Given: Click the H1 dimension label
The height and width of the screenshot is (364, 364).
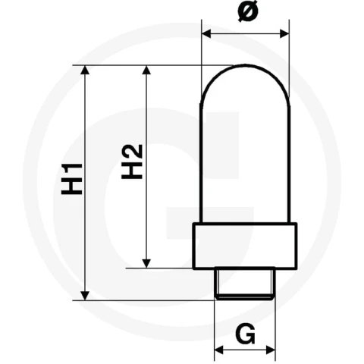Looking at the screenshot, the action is coord(72,179).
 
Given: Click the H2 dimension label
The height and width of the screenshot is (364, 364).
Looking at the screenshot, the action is coord(132,162).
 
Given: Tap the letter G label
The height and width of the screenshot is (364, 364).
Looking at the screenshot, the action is coord(245,334).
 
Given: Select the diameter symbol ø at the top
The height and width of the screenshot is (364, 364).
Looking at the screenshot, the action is coord(248,11).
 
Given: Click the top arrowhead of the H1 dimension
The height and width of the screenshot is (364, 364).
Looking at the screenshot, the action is coord(85,70).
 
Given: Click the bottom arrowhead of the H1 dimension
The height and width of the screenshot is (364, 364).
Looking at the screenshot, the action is coord(85,296).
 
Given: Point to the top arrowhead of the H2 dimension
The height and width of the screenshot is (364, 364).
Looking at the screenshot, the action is coord(146,70).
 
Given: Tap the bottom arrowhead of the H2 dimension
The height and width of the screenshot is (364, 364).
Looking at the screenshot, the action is coord(146,264).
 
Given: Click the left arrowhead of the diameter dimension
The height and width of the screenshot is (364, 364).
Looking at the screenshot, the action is coord(206,33).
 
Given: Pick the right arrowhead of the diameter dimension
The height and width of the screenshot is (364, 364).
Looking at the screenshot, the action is coord(284,33).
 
